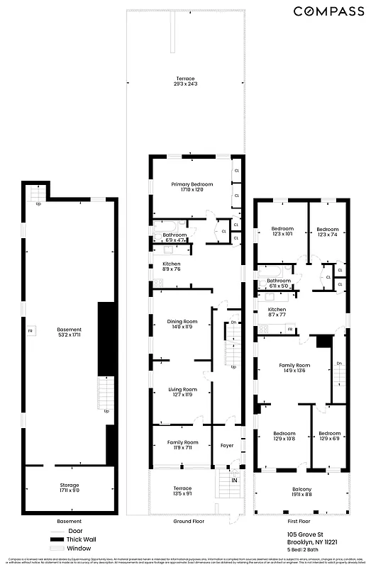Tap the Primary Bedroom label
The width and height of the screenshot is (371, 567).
(x=192, y=186)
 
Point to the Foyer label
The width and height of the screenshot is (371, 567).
(x=226, y=446)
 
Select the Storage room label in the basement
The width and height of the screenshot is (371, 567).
(x=70, y=488)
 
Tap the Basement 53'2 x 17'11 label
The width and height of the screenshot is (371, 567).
(x=70, y=332)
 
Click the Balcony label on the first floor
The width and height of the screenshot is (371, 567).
(x=301, y=492)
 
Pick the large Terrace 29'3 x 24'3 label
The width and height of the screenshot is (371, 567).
(x=186, y=81)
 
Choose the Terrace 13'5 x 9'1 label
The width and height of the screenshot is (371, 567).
(x=183, y=491)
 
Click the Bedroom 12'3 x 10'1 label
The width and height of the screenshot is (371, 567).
(x=282, y=232)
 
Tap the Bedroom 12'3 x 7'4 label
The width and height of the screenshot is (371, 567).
(x=327, y=232)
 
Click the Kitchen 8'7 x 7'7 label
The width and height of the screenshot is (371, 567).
(x=277, y=313)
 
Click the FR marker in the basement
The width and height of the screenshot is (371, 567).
(x=30, y=331)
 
